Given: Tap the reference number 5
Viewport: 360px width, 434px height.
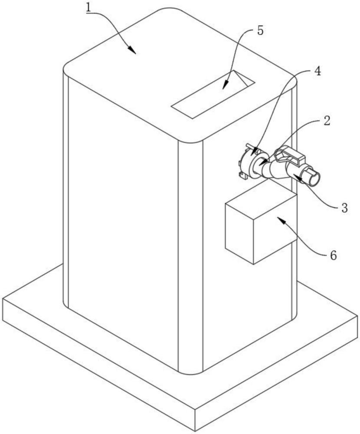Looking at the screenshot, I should pyautogui.click(x=260, y=32).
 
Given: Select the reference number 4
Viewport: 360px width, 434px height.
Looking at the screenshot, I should pyautogui.click(x=317, y=71).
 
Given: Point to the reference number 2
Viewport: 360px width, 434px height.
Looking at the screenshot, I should pyautogui.click(x=327, y=121).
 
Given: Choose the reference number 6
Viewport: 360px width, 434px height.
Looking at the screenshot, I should pyautogui.click(x=333, y=255).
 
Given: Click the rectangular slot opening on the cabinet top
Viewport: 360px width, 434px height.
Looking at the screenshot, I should pyautogui.click(x=213, y=95).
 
